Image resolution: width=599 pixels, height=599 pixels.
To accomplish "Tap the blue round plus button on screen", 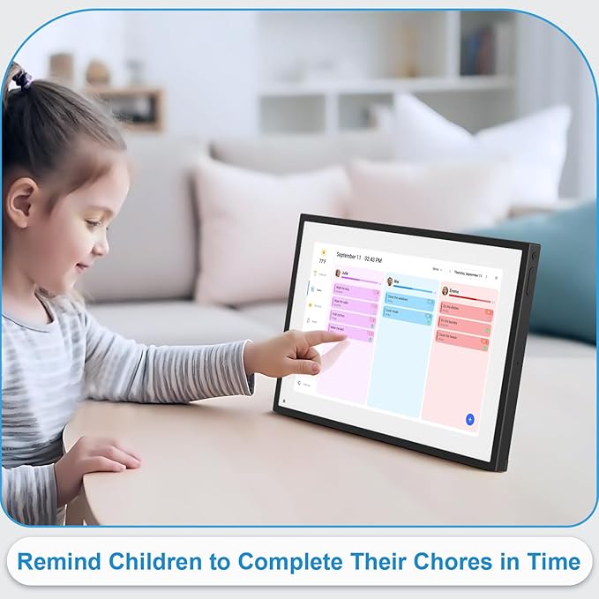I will pos(470,419).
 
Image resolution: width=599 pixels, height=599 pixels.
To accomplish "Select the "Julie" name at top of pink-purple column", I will pos(345,274).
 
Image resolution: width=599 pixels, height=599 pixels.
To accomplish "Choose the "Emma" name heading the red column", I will pos(455,291).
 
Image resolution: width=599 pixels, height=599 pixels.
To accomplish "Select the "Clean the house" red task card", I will pos(463,334).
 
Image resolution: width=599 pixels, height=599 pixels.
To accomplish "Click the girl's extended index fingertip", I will pos(344,335).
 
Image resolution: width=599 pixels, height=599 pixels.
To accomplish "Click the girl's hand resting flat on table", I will pos(102,460).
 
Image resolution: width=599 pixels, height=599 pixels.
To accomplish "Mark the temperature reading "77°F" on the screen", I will pos(322,261).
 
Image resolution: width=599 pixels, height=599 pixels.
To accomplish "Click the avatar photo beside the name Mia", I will pos(389,281).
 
